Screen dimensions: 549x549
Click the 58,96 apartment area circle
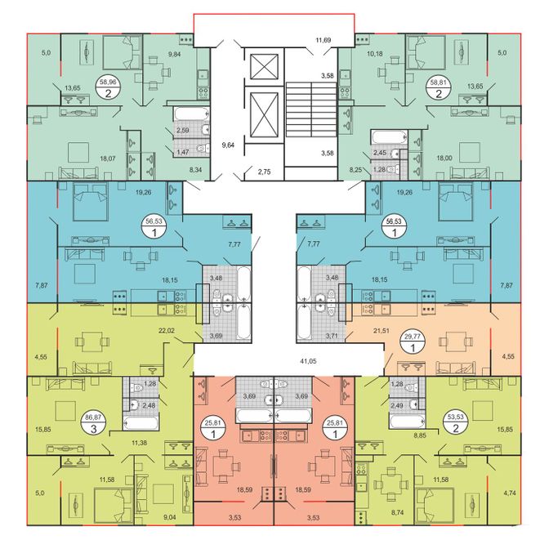click(108, 88)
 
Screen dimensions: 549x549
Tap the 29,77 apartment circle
click(413, 343)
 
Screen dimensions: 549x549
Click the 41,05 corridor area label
click(308, 361)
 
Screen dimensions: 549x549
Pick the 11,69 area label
click(324, 40)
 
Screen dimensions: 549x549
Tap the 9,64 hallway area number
click(228, 145)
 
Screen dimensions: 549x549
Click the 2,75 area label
click(264, 172)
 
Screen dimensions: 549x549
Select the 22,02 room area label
click(167, 331)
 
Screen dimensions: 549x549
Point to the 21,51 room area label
click(381, 331)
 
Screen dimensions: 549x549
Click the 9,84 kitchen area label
click(174, 54)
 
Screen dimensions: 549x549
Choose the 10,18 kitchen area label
click(375, 54)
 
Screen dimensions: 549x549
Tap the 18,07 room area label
click(108, 158)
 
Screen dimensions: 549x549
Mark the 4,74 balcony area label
click(510, 493)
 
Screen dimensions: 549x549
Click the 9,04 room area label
click(170, 517)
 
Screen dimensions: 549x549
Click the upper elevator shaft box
click(265, 67)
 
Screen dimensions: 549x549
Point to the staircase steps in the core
click(311, 109)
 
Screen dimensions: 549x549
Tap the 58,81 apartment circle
click(438, 88)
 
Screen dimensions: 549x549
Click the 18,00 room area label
click(444, 158)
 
